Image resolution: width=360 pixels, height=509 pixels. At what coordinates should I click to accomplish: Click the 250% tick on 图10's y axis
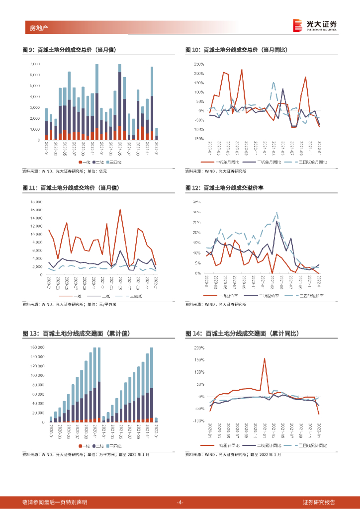pos(198,64)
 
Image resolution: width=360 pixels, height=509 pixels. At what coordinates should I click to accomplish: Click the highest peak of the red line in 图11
pos(120,209)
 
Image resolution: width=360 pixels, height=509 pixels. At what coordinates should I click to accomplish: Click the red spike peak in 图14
pos(265,358)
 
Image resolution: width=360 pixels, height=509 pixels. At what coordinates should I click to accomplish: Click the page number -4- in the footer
pos(180,502)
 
